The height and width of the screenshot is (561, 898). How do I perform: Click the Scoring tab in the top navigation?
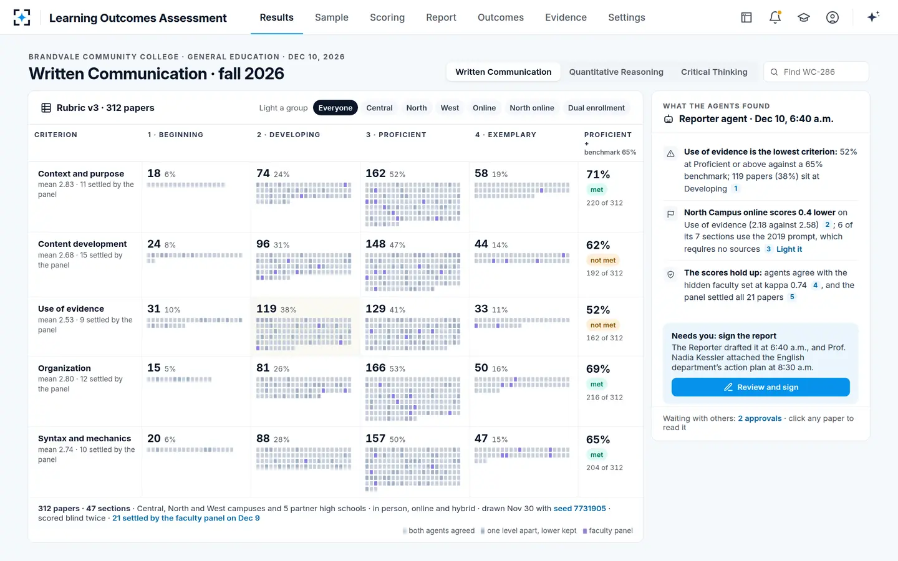pyautogui.click(x=387, y=17)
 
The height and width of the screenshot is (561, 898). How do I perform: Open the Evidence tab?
pyautogui.click(x=566, y=17)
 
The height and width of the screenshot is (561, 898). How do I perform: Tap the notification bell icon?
pyautogui.click(x=775, y=17)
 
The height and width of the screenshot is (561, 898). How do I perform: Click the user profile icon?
pyautogui.click(x=833, y=17)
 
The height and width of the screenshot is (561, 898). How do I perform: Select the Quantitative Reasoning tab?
pyautogui.click(x=616, y=72)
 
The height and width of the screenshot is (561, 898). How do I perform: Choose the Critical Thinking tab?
pyautogui.click(x=714, y=72)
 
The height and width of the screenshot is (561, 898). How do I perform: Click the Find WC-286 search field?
pyautogui.click(x=816, y=72)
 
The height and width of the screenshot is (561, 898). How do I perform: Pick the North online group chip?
pyautogui.click(x=531, y=108)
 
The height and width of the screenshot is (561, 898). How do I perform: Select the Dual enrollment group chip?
pyautogui.click(x=596, y=108)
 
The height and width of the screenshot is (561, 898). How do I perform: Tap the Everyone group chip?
pyautogui.click(x=335, y=108)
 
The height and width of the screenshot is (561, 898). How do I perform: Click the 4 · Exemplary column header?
pyautogui.click(x=506, y=135)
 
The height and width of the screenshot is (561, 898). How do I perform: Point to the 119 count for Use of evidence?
pyautogui.click(x=266, y=309)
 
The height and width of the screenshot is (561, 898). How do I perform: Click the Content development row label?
pyautogui.click(x=82, y=244)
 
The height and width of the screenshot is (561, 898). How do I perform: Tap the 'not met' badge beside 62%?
pyautogui.click(x=603, y=261)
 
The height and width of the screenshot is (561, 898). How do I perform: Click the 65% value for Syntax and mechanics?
pyautogui.click(x=597, y=439)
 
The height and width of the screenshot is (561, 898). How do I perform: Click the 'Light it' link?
pyautogui.click(x=789, y=249)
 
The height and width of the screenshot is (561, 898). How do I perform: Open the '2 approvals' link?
pyautogui.click(x=760, y=418)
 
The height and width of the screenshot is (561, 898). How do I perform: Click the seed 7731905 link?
pyautogui.click(x=580, y=509)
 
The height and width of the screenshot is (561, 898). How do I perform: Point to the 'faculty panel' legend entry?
pyautogui.click(x=608, y=531)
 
